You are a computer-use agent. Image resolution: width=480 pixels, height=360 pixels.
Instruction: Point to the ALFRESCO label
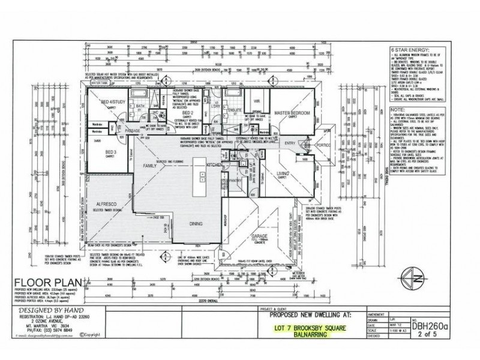105,204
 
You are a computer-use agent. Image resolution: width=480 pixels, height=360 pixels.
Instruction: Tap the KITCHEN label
215,164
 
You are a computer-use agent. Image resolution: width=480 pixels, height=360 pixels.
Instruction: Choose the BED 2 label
187,112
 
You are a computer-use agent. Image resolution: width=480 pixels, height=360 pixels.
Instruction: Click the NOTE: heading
397,110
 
